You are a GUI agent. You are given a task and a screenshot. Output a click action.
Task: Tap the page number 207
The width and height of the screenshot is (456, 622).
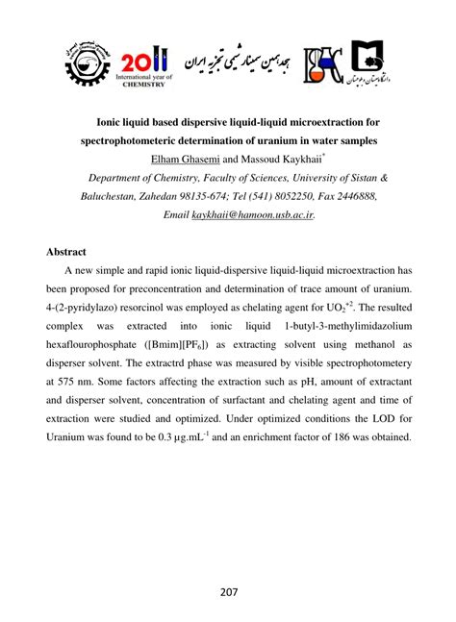coord(227,591)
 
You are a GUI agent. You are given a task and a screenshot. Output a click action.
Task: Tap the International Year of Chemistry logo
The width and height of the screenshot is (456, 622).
coord(143,64)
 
